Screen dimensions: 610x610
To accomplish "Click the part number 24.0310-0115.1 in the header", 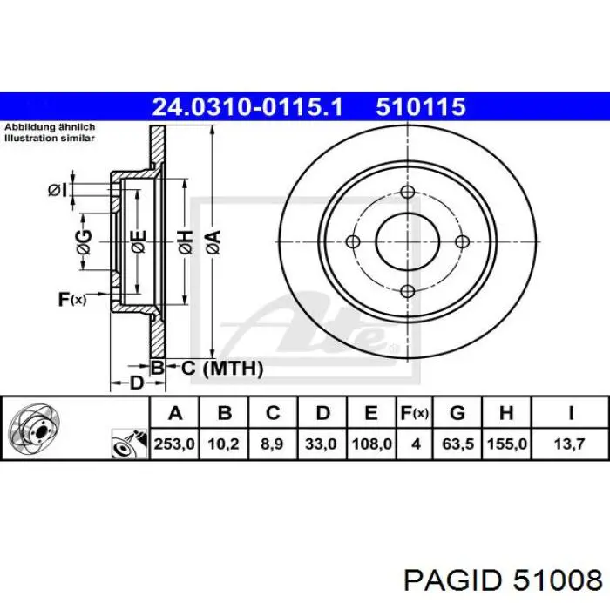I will pos(248,107).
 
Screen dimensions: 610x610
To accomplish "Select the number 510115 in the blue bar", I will pos(421,107).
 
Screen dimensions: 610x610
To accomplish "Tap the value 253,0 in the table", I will pos(174,444).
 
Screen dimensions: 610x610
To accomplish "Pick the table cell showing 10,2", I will pos(224,444).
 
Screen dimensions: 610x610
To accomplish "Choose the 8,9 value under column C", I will pos(273,444).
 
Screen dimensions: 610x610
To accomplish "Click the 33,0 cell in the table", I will pos(322,444).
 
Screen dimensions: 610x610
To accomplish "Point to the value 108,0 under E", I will pos(371,444).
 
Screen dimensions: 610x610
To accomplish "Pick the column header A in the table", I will pos(174,413).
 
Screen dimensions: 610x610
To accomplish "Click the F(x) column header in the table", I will pos(416,413).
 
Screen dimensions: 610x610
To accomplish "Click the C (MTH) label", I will pos(221,369).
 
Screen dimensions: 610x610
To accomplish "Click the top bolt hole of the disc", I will pos(407,193).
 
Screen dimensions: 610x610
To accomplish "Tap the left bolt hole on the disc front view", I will pos(353,242).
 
